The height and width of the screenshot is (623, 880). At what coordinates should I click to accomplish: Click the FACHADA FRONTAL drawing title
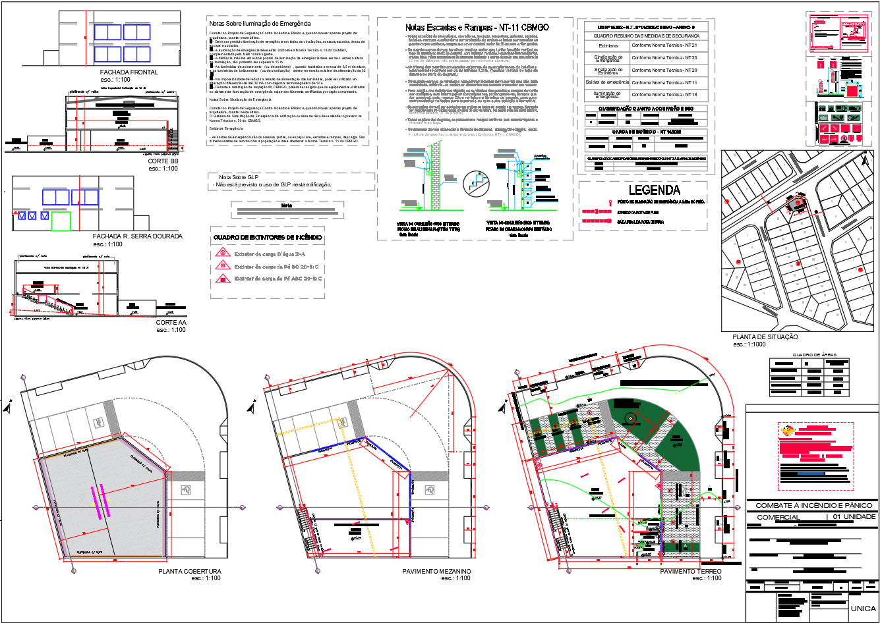click(x=129, y=72)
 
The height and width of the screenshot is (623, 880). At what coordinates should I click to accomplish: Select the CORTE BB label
click(x=163, y=161)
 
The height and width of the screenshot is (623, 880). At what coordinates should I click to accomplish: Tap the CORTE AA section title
click(x=171, y=323)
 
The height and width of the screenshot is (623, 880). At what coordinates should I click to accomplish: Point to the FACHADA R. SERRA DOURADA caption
click(x=137, y=236)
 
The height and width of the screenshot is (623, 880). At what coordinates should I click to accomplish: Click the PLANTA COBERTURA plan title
click(x=190, y=571)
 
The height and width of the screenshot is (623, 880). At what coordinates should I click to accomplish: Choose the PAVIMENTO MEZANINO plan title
click(x=436, y=571)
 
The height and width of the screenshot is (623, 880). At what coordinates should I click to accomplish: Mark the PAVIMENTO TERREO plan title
click(x=690, y=571)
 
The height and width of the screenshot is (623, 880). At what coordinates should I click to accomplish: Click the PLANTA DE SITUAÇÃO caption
click(x=765, y=337)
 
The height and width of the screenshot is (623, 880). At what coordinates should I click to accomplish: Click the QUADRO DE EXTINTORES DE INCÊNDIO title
click(x=268, y=237)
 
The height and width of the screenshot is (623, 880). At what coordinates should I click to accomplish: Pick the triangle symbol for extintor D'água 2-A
click(x=223, y=253)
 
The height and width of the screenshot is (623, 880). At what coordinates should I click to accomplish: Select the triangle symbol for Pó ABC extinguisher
click(x=223, y=279)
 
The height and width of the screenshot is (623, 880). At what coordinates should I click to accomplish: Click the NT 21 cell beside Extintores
click(x=664, y=45)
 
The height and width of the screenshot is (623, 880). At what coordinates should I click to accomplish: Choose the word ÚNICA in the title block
click(x=863, y=608)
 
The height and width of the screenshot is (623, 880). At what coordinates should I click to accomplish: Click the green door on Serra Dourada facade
click(x=61, y=221)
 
